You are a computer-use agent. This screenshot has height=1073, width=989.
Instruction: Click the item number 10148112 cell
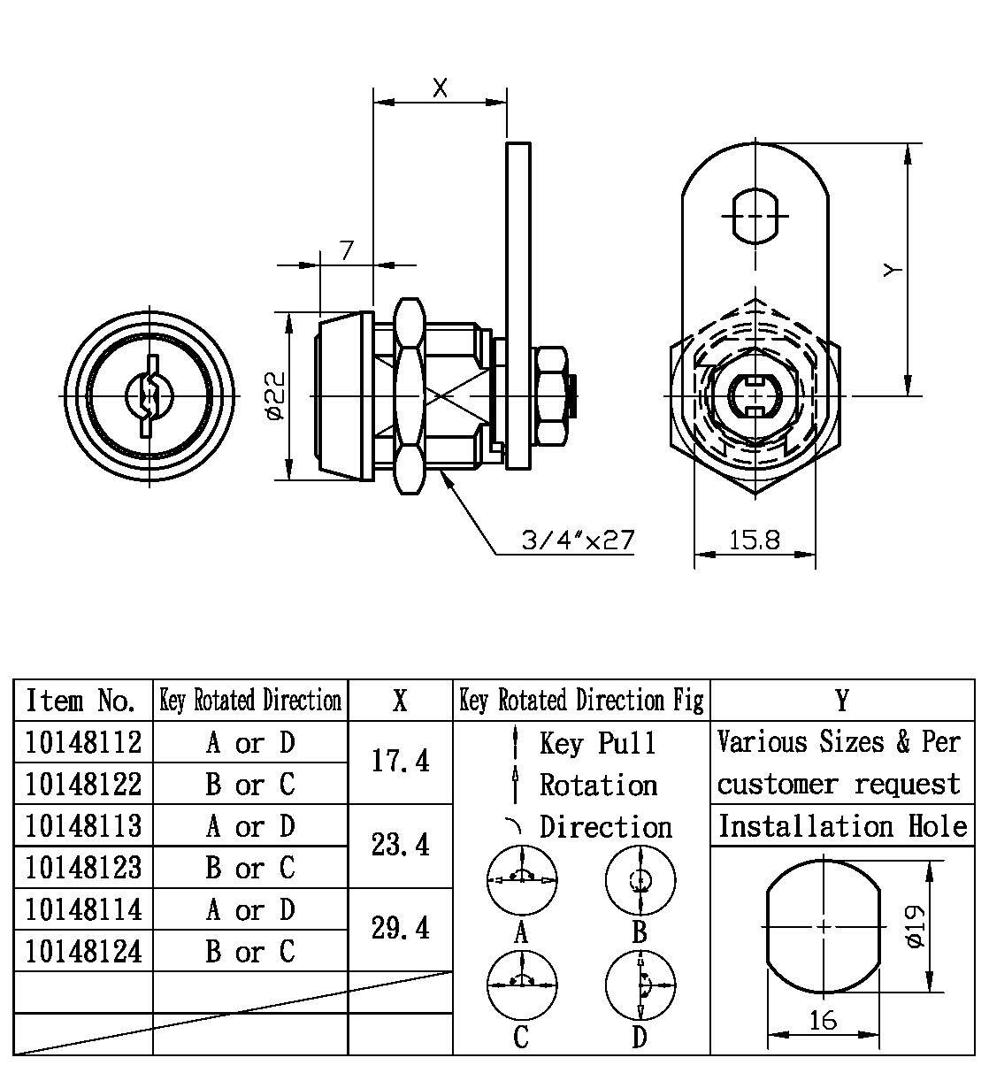(x=84, y=742)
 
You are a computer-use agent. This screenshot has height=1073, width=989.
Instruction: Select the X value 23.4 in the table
(x=401, y=845)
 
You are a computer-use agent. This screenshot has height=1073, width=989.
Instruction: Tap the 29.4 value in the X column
(x=401, y=928)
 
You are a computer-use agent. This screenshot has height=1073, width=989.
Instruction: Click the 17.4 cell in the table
(x=401, y=761)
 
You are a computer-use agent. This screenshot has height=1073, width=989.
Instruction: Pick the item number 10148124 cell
(x=84, y=952)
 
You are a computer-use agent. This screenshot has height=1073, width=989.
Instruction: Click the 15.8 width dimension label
(x=755, y=540)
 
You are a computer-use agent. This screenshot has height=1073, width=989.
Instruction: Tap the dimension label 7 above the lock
(x=347, y=250)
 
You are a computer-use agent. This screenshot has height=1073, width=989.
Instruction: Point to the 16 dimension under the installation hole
(x=823, y=1020)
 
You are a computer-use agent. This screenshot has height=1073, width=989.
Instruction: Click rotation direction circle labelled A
(x=522, y=880)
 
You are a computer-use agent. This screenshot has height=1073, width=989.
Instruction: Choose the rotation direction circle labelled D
(x=640, y=985)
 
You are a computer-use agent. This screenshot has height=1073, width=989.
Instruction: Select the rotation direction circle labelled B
(x=640, y=880)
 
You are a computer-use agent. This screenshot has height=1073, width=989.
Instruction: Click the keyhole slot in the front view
(x=149, y=396)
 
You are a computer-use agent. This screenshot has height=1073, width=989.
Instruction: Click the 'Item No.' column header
(x=81, y=701)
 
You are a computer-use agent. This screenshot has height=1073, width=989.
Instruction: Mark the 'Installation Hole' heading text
(x=842, y=826)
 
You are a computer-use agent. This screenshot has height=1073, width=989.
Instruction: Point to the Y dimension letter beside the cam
(x=893, y=270)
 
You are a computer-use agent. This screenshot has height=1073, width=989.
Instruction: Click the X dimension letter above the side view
(x=440, y=87)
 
